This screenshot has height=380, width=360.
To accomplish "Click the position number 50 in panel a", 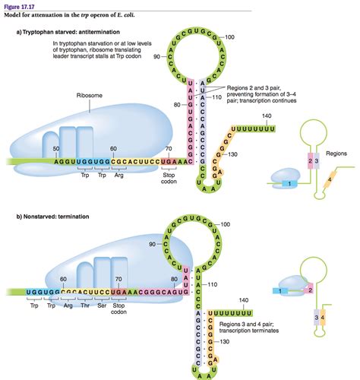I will click(56, 148).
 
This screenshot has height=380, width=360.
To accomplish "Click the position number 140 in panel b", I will click(265, 300).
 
